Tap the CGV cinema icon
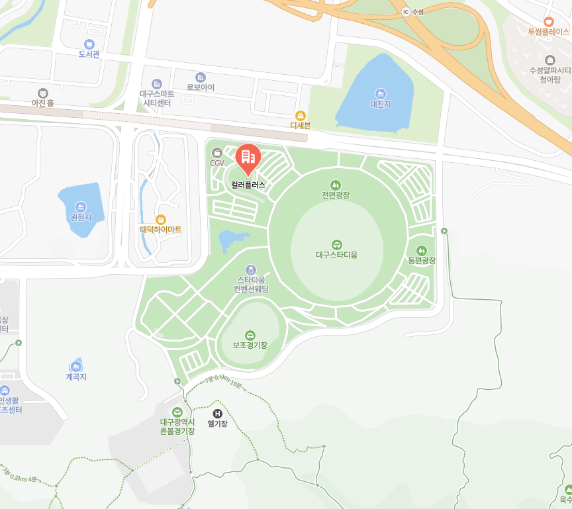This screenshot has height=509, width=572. (217, 153)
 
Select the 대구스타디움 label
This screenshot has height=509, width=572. (336, 254)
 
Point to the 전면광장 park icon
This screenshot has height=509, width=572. (336, 185)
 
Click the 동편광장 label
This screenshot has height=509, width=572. (422, 261)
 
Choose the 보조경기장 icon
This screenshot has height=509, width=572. (250, 335)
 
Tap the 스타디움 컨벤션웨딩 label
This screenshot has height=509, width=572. (251, 285)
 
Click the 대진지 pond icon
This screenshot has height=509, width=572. (381, 93)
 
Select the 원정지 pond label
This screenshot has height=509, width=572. (80, 217)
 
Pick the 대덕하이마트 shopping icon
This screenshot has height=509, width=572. (160, 219)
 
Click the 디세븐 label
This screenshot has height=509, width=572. (300, 125)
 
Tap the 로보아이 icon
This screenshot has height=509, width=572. (201, 77)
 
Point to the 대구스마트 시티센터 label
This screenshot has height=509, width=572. (157, 99)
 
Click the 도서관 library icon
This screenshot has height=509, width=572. (89, 44)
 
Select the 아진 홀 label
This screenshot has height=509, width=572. (42, 103)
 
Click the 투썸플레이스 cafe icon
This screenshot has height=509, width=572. (548, 21)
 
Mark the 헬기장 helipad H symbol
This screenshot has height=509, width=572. (217, 413)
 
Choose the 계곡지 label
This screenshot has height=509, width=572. (76, 377)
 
